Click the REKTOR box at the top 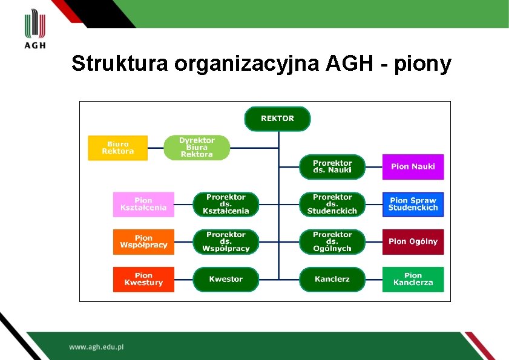[x=277, y=119]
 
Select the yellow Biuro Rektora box [x=118, y=148]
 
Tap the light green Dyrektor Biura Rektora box [x=197, y=148]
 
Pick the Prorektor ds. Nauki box [x=332, y=166]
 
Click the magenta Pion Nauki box [x=413, y=166]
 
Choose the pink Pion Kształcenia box [x=143, y=205]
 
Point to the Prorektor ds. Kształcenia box [x=226, y=205]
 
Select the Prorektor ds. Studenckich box [x=332, y=205]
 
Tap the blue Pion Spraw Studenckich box [x=413, y=205]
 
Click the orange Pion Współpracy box [x=143, y=241]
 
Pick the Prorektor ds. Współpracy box [x=226, y=241]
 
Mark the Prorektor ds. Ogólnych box [x=332, y=241]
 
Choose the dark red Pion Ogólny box [x=413, y=241]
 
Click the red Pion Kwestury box [x=143, y=279]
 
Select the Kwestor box [x=226, y=279]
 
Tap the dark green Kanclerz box [x=332, y=279]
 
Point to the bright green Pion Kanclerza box [x=413, y=279]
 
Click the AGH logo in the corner [x=35, y=28]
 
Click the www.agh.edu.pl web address [x=96, y=347]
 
